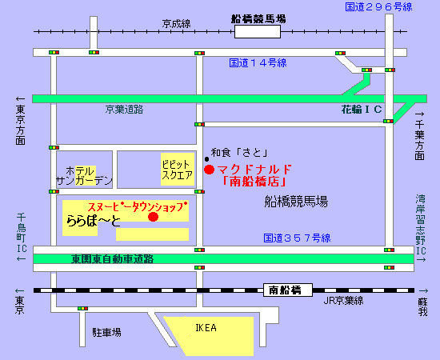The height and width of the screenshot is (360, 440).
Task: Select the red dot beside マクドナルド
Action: (x=209, y=170)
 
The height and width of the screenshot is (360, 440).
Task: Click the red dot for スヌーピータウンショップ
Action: (x=154, y=217)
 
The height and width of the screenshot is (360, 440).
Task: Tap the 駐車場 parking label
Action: (x=106, y=331)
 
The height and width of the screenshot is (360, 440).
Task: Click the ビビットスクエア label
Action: (x=177, y=167)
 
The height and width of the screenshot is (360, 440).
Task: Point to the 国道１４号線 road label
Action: (x=258, y=62)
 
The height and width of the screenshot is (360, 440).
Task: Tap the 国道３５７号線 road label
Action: (x=297, y=238)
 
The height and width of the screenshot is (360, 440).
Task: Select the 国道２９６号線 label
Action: (x=378, y=7)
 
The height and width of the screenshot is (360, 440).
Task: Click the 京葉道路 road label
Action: (x=124, y=109)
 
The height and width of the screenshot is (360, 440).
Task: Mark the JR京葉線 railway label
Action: (x=342, y=301)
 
